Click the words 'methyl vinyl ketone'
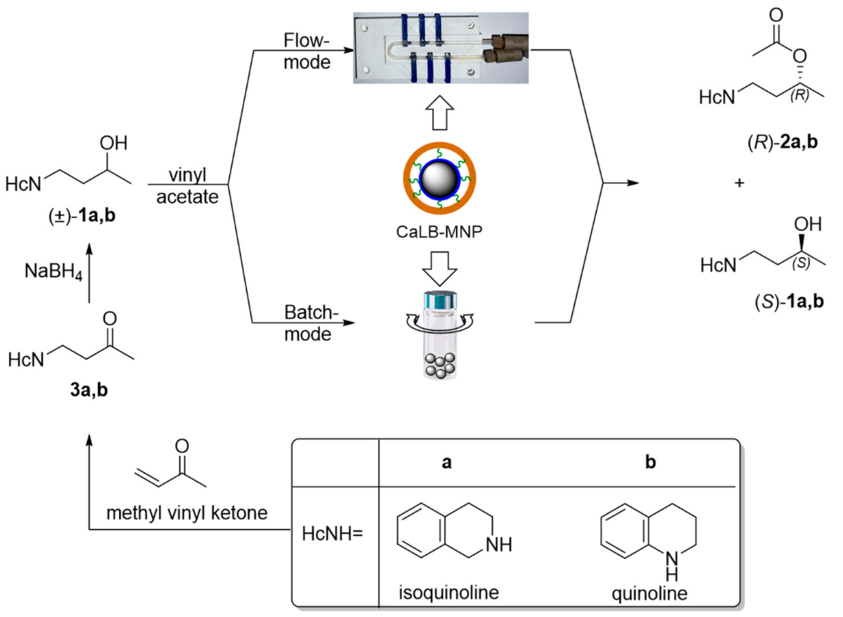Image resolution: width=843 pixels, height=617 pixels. [x=187, y=513]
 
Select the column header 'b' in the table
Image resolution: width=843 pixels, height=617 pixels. [x=650, y=462]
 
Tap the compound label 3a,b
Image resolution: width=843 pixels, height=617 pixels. [x=89, y=390]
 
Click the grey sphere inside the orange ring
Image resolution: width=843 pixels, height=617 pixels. [x=439, y=179]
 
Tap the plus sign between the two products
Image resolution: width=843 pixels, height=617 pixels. [x=739, y=183]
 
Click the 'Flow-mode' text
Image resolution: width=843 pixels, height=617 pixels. [x=307, y=51]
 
